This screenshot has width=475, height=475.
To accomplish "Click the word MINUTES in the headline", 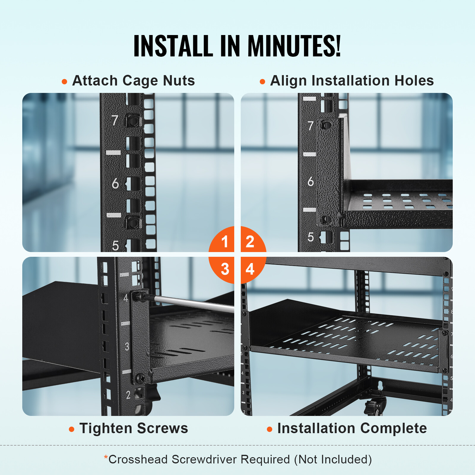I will pos(294,46).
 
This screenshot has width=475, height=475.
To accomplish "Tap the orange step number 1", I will pos(225,241).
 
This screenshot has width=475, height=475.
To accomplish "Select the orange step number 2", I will pos(250,241).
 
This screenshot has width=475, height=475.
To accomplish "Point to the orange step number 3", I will pos(225,269).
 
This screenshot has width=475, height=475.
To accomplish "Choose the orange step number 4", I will pos(250,269).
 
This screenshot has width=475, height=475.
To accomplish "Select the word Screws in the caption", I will pos(162,428).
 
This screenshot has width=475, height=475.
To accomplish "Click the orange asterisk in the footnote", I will pos(106,457).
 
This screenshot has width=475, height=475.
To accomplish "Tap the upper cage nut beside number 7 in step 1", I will pos(133,121).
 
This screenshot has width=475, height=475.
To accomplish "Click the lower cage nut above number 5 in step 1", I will pos(133,222).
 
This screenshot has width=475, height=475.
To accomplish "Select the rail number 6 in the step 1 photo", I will pos(115,183).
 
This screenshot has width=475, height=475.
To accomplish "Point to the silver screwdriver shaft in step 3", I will pos(193,303).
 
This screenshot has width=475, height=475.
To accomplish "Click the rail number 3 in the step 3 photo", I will pos(127,346).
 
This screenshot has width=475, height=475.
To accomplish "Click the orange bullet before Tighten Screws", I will pos(71,429).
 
